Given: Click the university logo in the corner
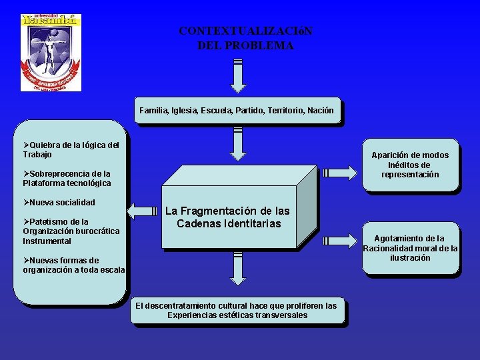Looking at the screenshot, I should pyautogui.click(x=51, y=52).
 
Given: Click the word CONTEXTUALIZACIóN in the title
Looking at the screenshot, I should pyautogui.click(x=245, y=31).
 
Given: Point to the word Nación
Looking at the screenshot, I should pyautogui.click(x=320, y=110).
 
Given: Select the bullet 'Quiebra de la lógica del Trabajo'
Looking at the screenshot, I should pyautogui.click(x=71, y=149).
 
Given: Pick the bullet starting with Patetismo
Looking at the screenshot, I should pyautogui.click(x=71, y=231).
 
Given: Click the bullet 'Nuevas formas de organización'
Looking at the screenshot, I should pyautogui.click(x=73, y=265).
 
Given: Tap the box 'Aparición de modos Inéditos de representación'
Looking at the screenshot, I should pyautogui.click(x=410, y=165).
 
